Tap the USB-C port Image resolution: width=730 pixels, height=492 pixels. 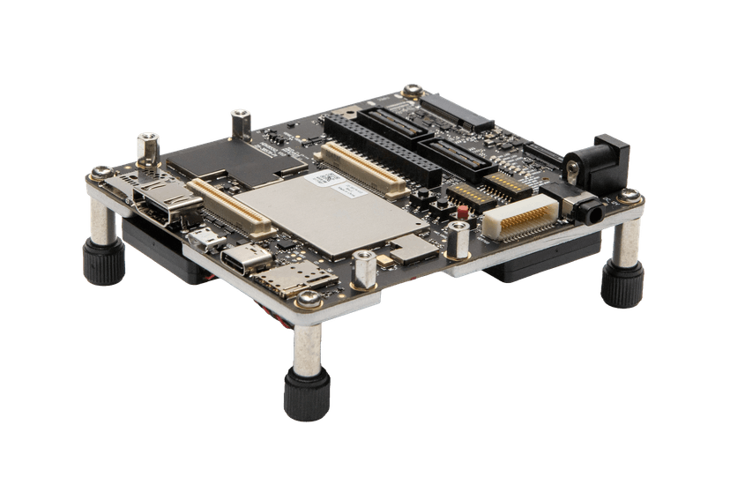243,261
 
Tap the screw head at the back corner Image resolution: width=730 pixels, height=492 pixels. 412,89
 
